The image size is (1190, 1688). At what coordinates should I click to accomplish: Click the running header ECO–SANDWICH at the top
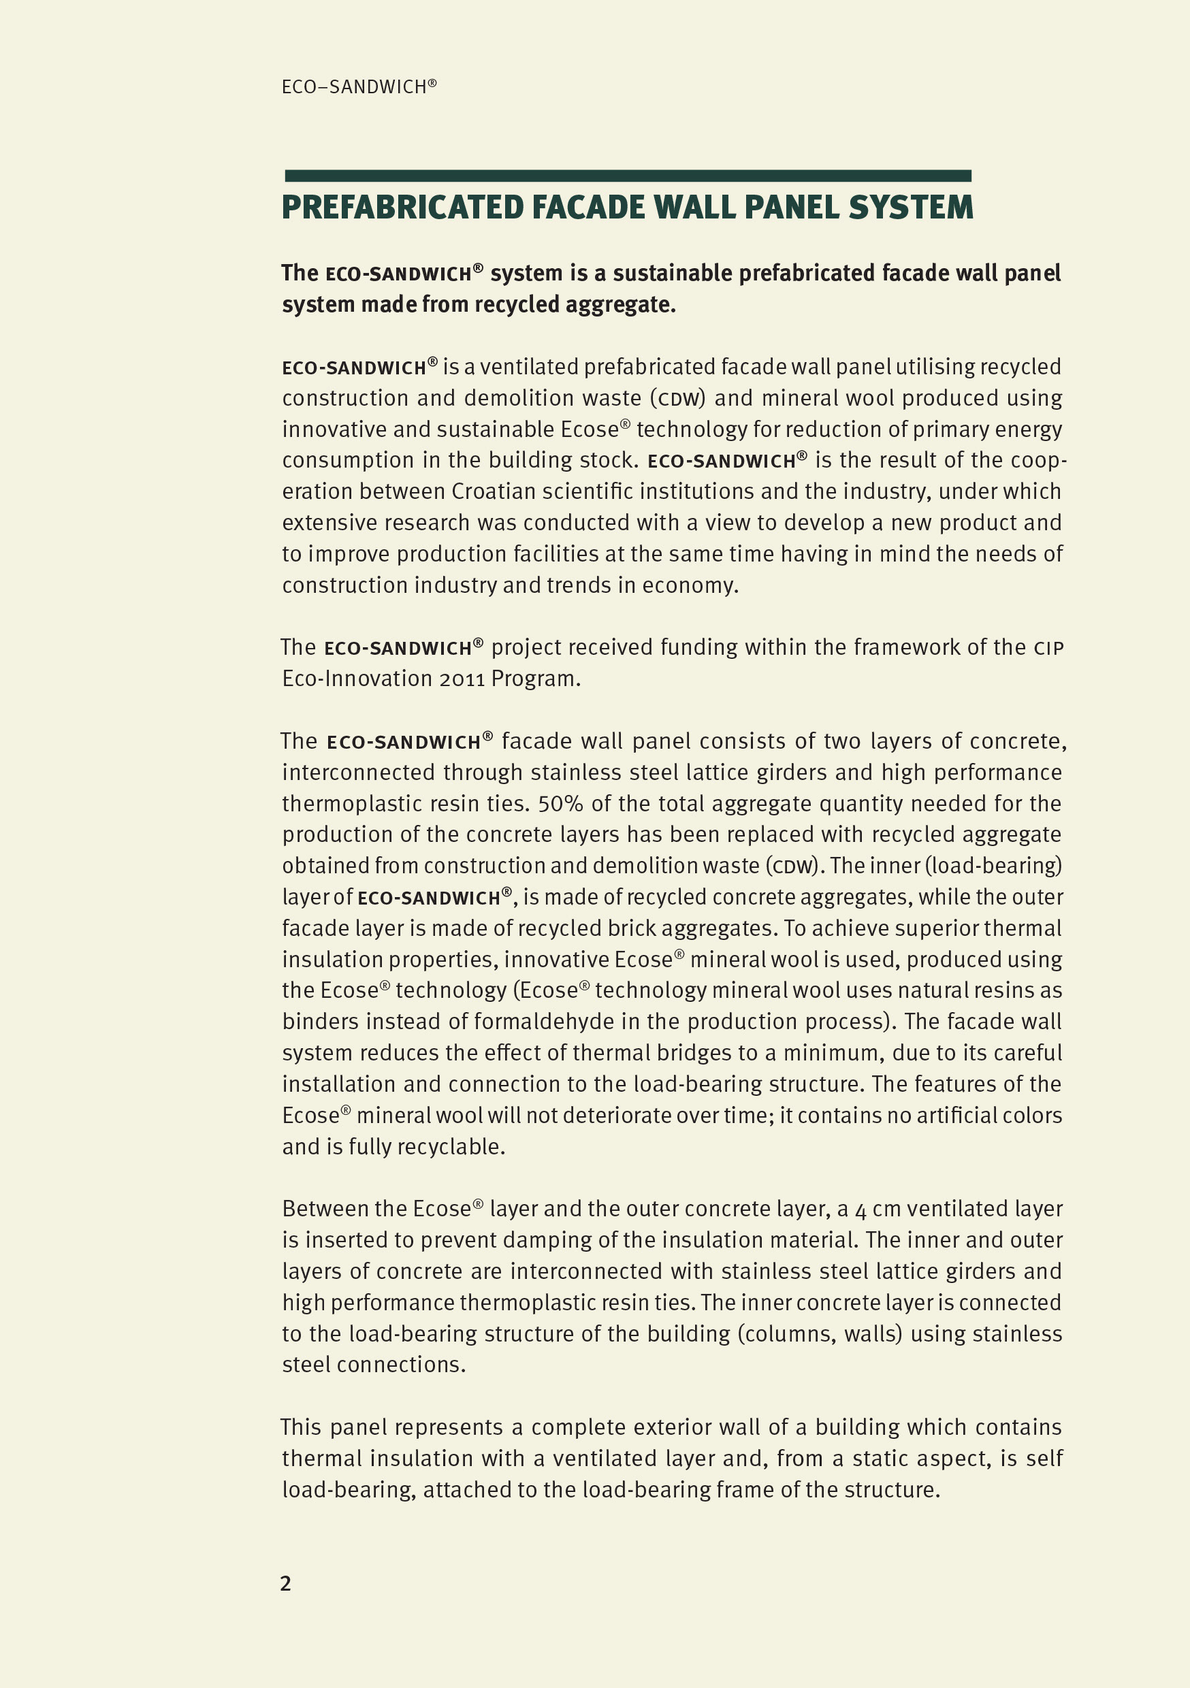[x=359, y=86]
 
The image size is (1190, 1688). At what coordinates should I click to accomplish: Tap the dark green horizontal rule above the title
[x=628, y=176]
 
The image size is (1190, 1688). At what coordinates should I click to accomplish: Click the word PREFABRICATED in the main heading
[x=402, y=208]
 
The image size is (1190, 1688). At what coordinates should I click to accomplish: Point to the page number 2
[x=285, y=1583]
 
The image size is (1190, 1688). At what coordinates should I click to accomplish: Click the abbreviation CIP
[x=1048, y=648]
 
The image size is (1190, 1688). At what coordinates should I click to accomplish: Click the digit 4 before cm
[x=861, y=1210]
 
